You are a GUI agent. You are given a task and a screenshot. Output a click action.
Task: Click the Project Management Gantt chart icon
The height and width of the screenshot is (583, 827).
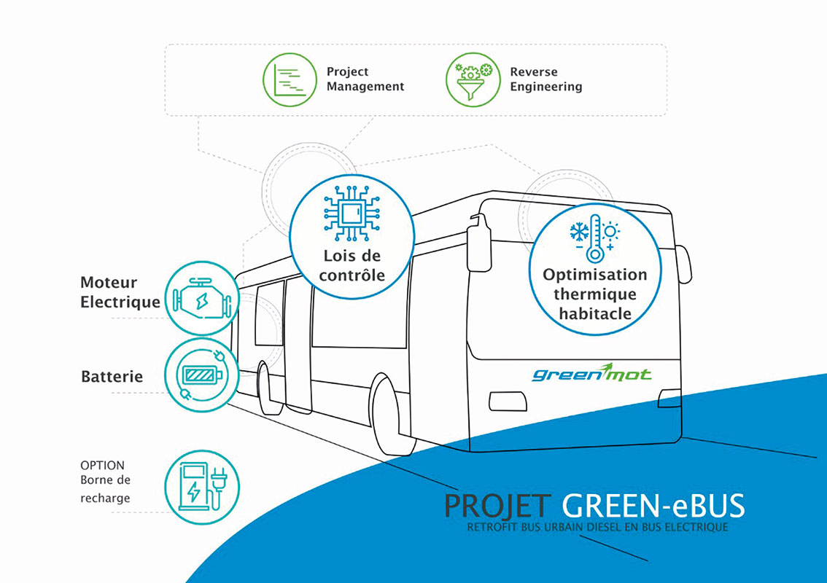pos(290,80)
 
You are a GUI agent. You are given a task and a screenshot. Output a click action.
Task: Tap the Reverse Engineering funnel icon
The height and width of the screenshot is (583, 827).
pos(473,80)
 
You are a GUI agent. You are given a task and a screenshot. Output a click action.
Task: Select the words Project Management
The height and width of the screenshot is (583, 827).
pos(365,79)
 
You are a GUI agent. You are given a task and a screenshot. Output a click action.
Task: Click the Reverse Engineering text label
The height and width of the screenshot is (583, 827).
pos(546,79)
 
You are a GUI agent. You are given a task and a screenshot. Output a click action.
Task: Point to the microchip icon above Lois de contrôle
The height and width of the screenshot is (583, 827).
pos(352,214)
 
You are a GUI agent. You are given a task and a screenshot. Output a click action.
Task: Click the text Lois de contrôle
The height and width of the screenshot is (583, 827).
pos(352,265)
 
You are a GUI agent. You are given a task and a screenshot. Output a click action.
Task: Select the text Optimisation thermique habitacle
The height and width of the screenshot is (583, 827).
pos(595,294)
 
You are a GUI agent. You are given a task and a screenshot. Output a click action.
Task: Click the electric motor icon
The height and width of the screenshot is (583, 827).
pos(202,298)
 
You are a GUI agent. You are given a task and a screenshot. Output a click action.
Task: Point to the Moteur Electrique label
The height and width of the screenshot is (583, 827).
pos(120,292)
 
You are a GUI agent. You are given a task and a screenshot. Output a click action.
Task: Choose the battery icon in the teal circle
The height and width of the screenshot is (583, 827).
pos(202,375)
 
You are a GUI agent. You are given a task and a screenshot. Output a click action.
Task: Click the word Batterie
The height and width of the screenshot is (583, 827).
pos(112,376)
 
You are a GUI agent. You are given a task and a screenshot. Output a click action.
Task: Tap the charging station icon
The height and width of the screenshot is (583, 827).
pos(202,487)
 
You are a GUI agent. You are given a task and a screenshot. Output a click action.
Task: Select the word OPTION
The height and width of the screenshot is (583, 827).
pos(102,466)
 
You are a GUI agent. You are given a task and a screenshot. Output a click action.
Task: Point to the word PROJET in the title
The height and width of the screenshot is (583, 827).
pos(497,506)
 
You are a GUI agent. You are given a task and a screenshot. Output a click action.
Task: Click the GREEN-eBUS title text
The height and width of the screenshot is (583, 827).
pos(653,506)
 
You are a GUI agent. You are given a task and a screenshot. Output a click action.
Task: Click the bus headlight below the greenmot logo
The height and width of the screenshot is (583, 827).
pos(508,402)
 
